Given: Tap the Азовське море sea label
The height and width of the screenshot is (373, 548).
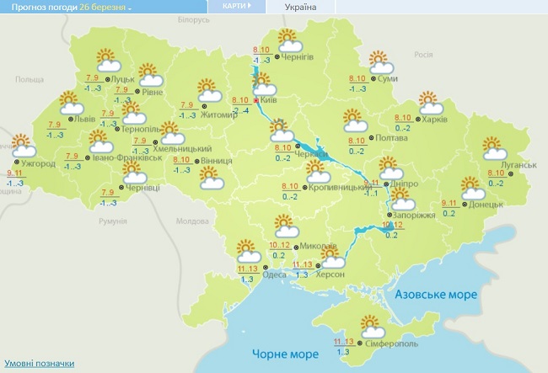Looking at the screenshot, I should (437, 295).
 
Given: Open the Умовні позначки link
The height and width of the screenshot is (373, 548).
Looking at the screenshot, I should (37, 364).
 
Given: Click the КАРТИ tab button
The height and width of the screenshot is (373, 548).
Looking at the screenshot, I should (235, 6).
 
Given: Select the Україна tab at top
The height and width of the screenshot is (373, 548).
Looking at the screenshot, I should (301, 7).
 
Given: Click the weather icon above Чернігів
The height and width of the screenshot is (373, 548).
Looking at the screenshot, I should (289, 40).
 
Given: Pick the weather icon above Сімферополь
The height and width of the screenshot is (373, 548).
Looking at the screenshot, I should (370, 324).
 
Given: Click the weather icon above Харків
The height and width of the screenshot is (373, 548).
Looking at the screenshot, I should (432, 103).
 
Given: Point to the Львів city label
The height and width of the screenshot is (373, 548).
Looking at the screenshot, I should (85, 120).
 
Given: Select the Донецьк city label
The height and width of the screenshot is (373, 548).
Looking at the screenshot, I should (486, 204).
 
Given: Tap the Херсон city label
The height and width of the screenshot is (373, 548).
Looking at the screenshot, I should (331, 274).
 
